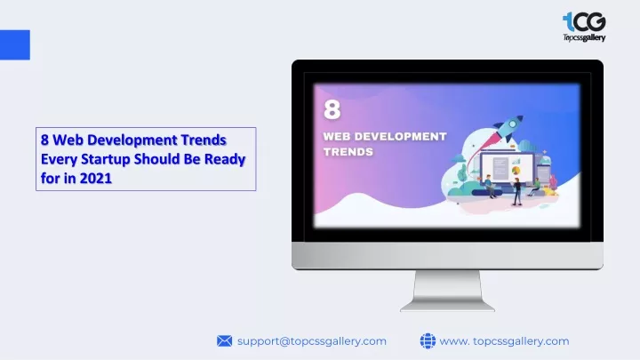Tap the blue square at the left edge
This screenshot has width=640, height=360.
15,45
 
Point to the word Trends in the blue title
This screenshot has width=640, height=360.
204,140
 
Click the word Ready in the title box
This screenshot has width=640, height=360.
225,159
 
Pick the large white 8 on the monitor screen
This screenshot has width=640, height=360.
332,109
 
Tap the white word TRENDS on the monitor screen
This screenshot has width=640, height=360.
348,152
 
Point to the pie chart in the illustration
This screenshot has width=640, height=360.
516,170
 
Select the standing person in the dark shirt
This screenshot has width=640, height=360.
516,191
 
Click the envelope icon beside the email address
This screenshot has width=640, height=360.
224,340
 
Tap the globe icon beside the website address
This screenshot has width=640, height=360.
428,340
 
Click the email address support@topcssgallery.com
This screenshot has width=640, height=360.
312,341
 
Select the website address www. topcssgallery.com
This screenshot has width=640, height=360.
504,341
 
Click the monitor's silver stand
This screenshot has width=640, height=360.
447,291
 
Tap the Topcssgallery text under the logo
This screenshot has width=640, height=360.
584,37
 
